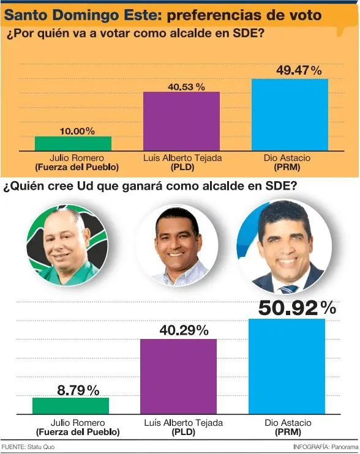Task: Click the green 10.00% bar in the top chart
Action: [x=73, y=143]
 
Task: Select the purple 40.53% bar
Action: [x=182, y=121]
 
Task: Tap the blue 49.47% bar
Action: [x=290, y=114]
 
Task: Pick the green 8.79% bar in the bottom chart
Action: [x=70, y=406]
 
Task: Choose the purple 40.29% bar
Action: [x=178, y=376]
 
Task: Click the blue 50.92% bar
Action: [x=287, y=367]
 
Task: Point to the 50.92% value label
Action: [x=297, y=308]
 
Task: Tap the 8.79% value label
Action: [x=78, y=390]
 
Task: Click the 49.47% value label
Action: [x=299, y=70]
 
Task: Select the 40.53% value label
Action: [x=186, y=87]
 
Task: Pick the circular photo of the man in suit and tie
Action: [x=284, y=246]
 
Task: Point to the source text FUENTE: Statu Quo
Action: [x=28, y=447]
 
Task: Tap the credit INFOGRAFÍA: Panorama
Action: [x=326, y=447]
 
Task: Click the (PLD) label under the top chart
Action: [x=182, y=167]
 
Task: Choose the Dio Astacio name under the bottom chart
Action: [x=288, y=423]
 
